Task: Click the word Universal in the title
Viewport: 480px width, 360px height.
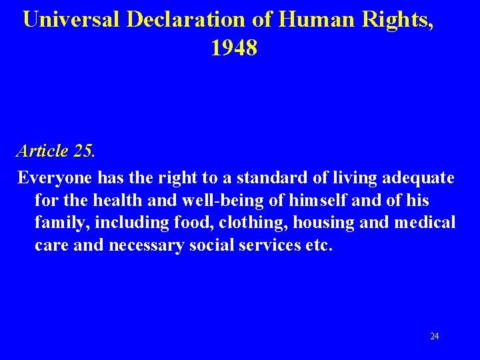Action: [71, 19]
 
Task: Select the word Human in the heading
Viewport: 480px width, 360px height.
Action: [315, 19]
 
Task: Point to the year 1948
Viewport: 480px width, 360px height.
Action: [234, 48]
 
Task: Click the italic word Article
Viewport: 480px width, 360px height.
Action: [43, 151]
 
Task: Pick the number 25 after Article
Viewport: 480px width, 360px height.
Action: [84, 151]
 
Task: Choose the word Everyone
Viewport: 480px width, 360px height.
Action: [55, 178]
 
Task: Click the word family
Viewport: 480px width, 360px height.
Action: [58, 222]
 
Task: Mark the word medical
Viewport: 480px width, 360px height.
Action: [425, 222]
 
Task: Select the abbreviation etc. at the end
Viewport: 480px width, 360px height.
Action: [317, 245]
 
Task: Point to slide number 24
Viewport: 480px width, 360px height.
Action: [435, 336]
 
